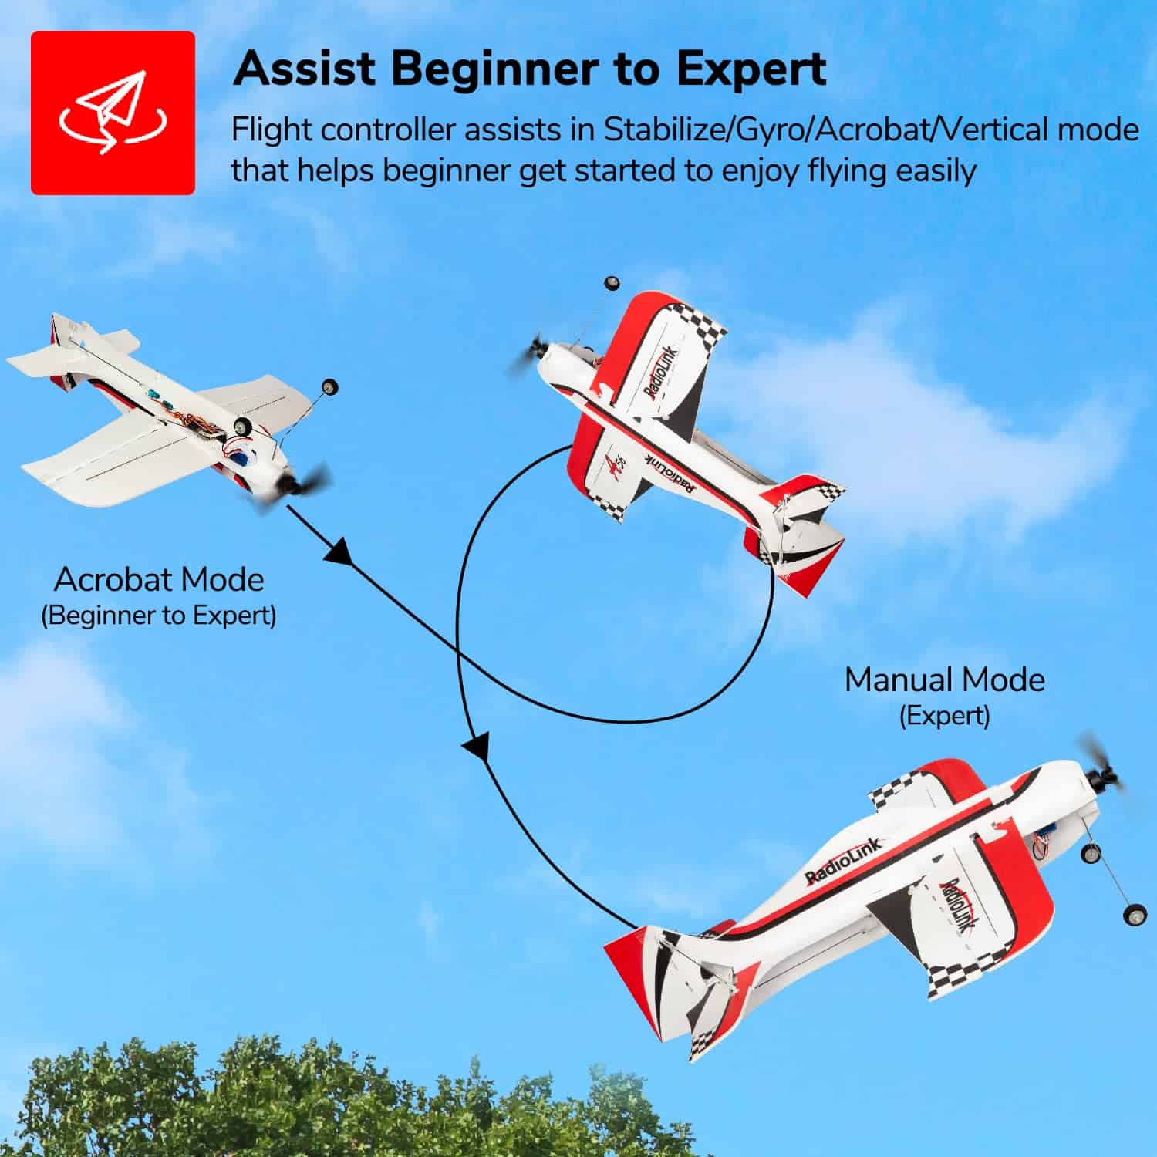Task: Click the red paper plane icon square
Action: [113, 113]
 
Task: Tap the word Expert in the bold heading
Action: [751, 69]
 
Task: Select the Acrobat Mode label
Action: [159, 579]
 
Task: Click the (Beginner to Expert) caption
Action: [158, 616]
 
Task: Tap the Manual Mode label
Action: [944, 680]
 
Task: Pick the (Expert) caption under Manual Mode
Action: [944, 716]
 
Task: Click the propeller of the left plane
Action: [297, 487]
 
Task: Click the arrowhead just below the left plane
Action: [338, 552]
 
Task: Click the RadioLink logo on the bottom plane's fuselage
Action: [842, 862]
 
